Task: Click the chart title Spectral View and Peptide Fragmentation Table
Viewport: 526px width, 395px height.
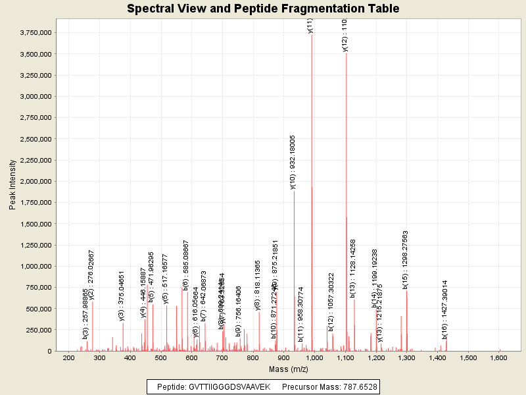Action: [x=263, y=9]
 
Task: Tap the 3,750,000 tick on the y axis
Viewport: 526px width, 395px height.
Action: [x=36, y=32]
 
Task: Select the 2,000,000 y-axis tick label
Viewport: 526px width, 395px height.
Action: [x=36, y=181]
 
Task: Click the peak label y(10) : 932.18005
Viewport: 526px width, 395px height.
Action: [x=293, y=162]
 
